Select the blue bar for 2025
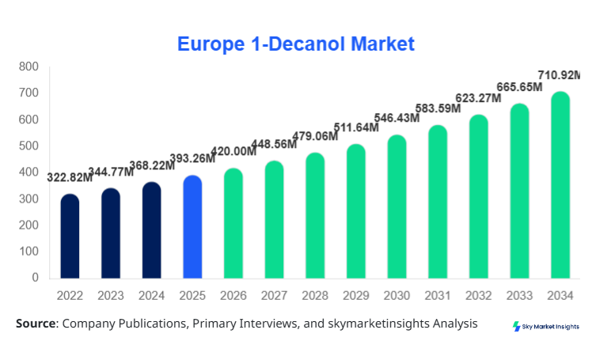(x=192, y=227)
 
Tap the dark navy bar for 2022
(x=70, y=237)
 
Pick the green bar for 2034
(x=560, y=185)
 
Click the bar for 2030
(x=397, y=207)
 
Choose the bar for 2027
(x=274, y=220)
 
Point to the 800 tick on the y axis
(x=29, y=66)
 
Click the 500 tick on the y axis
(x=29, y=146)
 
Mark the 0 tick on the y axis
(x=36, y=278)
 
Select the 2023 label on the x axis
(x=111, y=295)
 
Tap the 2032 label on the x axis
(x=478, y=295)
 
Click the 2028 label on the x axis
(x=315, y=295)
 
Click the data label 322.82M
(x=70, y=177)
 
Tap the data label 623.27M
(x=478, y=98)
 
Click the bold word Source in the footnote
(x=36, y=324)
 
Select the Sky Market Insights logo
(x=546, y=326)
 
